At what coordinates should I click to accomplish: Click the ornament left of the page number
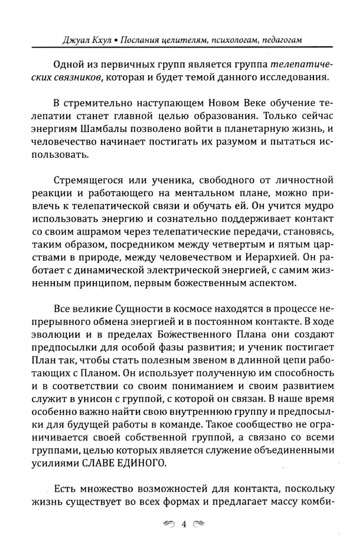coord(169,524)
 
